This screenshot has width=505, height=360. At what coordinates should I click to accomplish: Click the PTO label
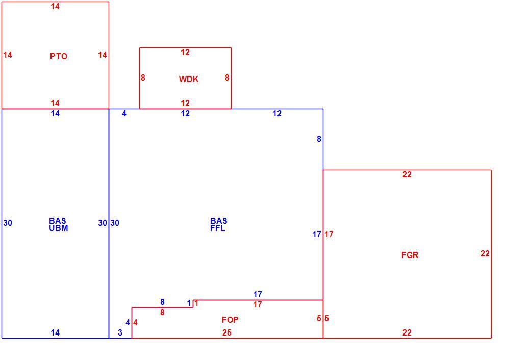pyautogui.click(x=59, y=57)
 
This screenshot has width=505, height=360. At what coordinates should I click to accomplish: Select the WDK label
pyautogui.click(x=189, y=79)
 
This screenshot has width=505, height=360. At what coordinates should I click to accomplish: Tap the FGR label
pyautogui.click(x=410, y=255)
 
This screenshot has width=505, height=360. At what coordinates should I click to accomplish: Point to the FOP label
pyautogui.click(x=230, y=320)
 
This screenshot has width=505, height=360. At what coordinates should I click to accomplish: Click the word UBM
pyautogui.click(x=59, y=228)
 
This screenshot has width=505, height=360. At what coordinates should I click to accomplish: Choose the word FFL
pyautogui.click(x=218, y=228)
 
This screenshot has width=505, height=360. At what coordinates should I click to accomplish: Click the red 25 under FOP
pyautogui.click(x=226, y=333)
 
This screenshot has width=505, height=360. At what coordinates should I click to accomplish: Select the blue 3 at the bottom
pyautogui.click(x=120, y=333)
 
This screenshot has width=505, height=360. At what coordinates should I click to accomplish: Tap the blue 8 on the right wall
pyautogui.click(x=319, y=139)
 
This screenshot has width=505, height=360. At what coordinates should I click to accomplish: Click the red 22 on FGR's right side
pyautogui.click(x=485, y=254)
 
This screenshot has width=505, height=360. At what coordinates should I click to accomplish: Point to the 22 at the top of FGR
pyautogui.click(x=407, y=175)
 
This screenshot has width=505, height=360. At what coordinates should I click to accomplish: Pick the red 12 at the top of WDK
pyautogui.click(x=185, y=53)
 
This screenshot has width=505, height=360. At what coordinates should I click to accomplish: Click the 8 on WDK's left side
pyautogui.click(x=143, y=78)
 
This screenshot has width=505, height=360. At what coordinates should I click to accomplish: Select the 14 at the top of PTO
pyautogui.click(x=55, y=7)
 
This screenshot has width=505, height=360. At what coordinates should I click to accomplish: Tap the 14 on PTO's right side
pyautogui.click(x=103, y=55)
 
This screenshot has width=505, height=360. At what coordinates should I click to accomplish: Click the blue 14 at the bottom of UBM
pyautogui.click(x=55, y=333)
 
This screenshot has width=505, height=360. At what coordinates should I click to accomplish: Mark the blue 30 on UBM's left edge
pyautogui.click(x=8, y=223)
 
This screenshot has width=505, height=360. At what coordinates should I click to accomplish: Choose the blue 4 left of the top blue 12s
pyautogui.click(x=124, y=114)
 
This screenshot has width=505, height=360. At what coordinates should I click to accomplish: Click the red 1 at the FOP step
pyautogui.click(x=196, y=303)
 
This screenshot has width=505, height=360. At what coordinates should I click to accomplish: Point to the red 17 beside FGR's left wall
pyautogui.click(x=329, y=235)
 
